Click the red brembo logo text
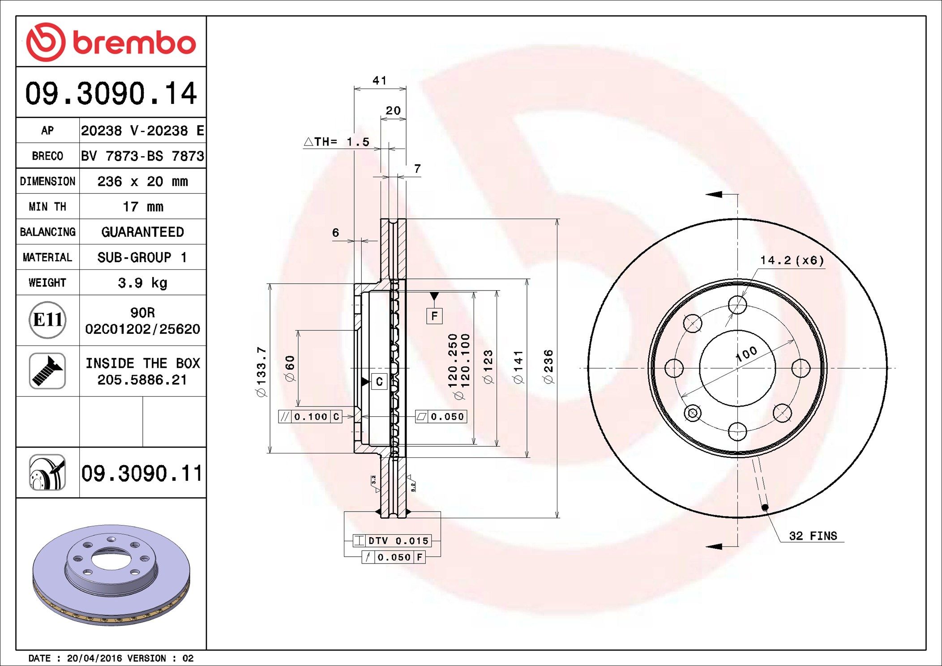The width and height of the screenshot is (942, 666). [x=134, y=43]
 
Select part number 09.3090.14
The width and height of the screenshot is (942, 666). [x=111, y=93]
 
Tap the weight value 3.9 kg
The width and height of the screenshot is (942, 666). [x=143, y=283]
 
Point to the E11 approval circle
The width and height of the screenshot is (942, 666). [x=47, y=320]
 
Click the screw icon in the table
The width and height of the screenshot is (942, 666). [x=47, y=371]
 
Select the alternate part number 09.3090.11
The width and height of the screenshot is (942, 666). [x=142, y=473]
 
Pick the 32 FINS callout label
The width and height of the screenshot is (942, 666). [x=813, y=536]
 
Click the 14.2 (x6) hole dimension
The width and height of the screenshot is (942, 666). [x=792, y=260]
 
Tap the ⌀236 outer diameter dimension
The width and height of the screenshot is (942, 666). [x=548, y=367]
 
